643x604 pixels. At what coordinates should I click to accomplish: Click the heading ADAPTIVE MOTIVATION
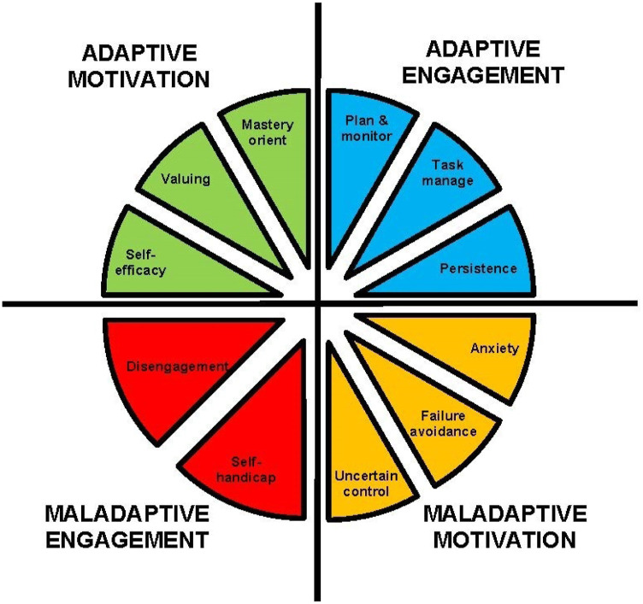(x=146, y=66)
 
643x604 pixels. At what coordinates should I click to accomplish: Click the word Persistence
(x=478, y=269)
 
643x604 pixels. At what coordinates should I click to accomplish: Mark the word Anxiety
(x=489, y=349)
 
